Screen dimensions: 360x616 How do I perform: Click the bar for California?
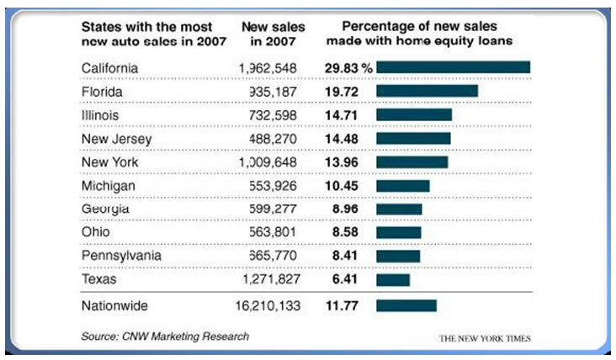[x=454, y=67]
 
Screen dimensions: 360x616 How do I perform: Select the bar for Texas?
[x=393, y=279]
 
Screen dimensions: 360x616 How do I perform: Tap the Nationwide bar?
[x=406, y=306]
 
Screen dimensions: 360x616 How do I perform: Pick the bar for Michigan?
[x=403, y=185]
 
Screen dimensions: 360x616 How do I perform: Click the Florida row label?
[x=104, y=91]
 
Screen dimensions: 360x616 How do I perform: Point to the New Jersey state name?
[x=117, y=138]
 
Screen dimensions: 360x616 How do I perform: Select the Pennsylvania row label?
[x=120, y=256]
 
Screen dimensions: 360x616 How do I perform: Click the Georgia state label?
[x=105, y=209]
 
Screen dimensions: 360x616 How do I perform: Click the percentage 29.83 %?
[x=348, y=67]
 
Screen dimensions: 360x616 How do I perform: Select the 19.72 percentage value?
[x=341, y=91]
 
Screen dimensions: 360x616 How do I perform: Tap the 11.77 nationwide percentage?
[x=341, y=306]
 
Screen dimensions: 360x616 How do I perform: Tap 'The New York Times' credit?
[x=484, y=339]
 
